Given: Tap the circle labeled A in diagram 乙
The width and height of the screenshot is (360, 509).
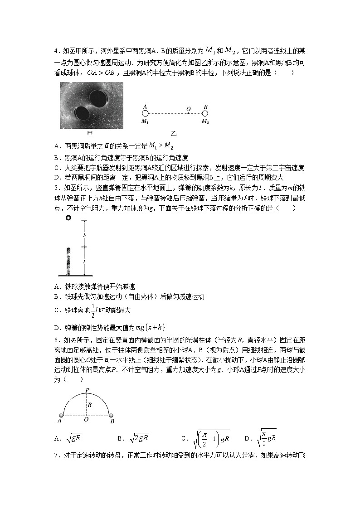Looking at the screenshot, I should coord(145,113).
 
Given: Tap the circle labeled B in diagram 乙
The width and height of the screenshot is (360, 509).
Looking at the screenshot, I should coord(205,113).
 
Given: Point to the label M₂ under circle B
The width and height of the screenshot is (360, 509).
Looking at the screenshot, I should coord(205,121).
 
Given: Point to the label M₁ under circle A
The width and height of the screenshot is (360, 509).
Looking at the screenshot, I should coord(145,121).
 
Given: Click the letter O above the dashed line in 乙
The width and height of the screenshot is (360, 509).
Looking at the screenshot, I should coord(188,109).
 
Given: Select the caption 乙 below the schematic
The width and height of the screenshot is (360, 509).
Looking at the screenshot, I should coord(174,134).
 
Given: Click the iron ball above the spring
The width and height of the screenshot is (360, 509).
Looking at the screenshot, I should coord(68,218).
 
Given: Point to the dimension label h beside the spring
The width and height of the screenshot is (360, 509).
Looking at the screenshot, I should coord(84,235).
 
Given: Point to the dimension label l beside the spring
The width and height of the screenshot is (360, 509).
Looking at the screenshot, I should coord(84,262).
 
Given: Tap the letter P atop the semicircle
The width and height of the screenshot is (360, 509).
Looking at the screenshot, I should coord(87,390).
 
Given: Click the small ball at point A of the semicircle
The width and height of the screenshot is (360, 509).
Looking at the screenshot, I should coord(62,415).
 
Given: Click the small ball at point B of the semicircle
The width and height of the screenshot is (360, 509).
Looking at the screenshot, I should coord(112,415).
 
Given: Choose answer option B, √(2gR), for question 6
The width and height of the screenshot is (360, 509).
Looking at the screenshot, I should coord(139,438).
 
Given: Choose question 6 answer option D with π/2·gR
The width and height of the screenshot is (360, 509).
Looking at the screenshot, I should coord(266,437).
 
